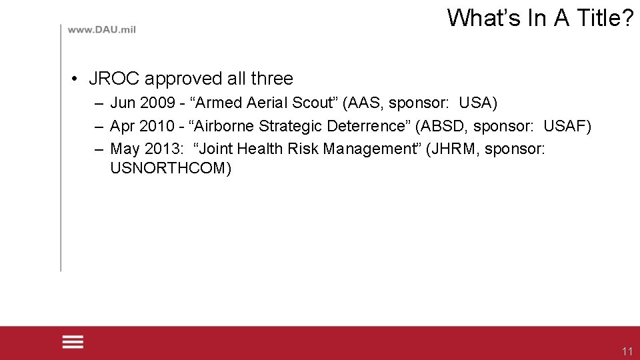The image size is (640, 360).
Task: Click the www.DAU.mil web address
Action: (x=101, y=30)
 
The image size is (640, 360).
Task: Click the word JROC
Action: (x=114, y=79)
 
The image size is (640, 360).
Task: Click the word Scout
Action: (x=313, y=103)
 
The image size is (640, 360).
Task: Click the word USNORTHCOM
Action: (x=171, y=167)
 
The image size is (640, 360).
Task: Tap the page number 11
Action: (x=627, y=351)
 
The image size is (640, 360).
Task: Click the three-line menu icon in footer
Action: (x=73, y=342)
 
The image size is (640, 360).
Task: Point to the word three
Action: (x=272, y=79)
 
